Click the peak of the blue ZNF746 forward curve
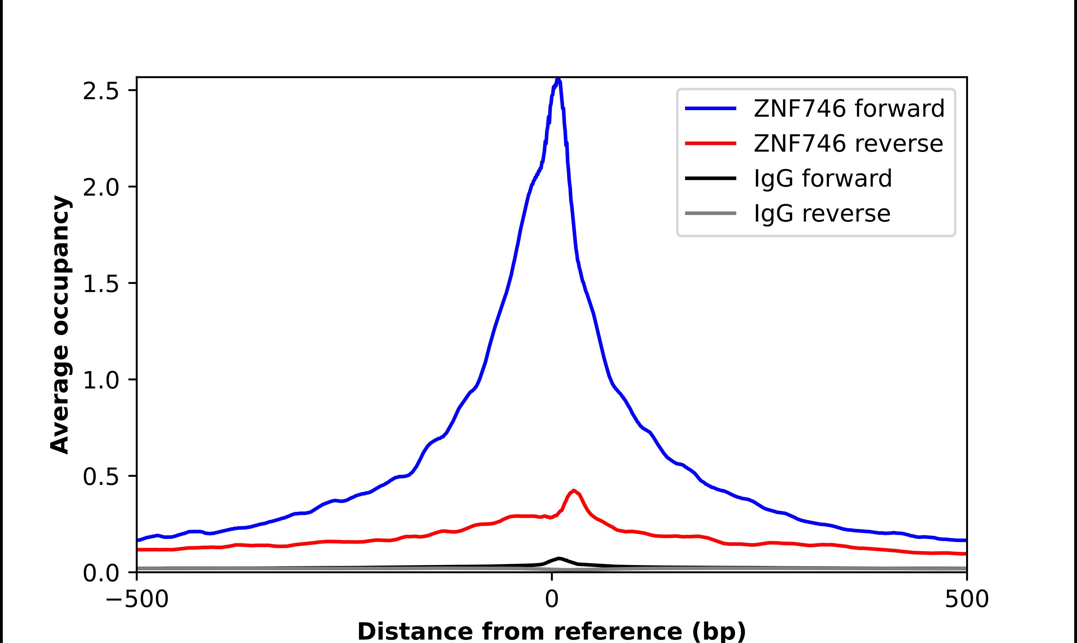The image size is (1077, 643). click(x=558, y=80)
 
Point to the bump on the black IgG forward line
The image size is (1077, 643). click(x=559, y=558)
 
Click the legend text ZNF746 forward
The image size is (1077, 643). click(x=849, y=108)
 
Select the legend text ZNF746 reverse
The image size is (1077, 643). click(x=848, y=144)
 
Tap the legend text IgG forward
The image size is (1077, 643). click(x=823, y=179)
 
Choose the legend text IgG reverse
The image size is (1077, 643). click(x=822, y=214)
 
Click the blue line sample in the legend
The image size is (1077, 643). click(x=711, y=108)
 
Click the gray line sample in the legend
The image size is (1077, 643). click(x=711, y=213)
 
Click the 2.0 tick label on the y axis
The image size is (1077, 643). click(x=101, y=188)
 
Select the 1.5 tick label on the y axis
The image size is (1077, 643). click(x=101, y=284)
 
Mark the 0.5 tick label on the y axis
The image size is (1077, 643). click(x=101, y=477)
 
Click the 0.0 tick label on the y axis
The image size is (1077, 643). click(x=101, y=573)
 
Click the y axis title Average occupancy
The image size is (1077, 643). click(x=60, y=324)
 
